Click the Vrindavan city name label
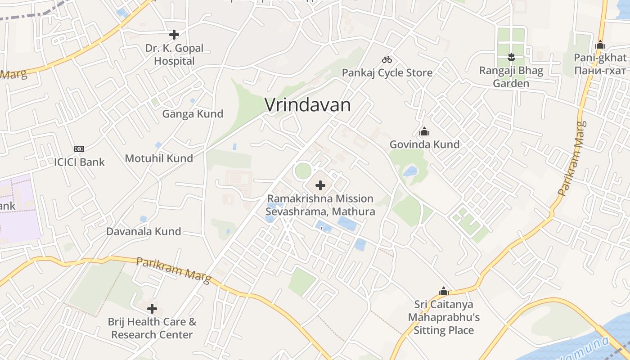click(x=307, y=105)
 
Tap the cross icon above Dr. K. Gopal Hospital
click(x=174, y=34)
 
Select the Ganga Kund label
click(x=193, y=114)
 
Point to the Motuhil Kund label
click(x=159, y=158)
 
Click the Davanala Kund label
click(x=144, y=231)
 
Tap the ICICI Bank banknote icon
click(x=79, y=149)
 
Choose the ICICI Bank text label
click(x=79, y=162)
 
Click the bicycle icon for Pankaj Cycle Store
click(x=387, y=59)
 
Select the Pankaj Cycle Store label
click(x=387, y=72)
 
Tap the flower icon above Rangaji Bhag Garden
click(x=511, y=57)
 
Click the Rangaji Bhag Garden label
click(x=511, y=77)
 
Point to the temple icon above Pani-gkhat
click(x=600, y=45)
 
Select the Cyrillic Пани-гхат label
click(x=600, y=71)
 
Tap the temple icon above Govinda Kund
click(x=424, y=132)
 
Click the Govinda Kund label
click(x=424, y=144)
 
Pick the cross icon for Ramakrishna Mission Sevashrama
click(x=320, y=185)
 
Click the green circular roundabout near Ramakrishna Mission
click(x=303, y=171)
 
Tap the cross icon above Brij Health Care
click(x=152, y=309)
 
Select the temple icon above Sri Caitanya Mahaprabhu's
click(x=444, y=291)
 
